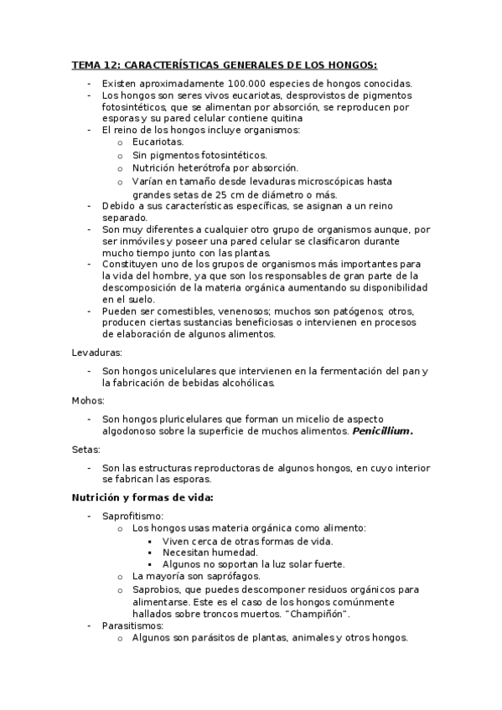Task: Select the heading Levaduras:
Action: pyautogui.click(x=97, y=352)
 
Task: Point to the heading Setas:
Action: pyautogui.click(x=86, y=449)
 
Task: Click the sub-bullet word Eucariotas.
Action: pyautogui.click(x=158, y=142)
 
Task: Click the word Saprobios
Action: pyautogui.click(x=157, y=589)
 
